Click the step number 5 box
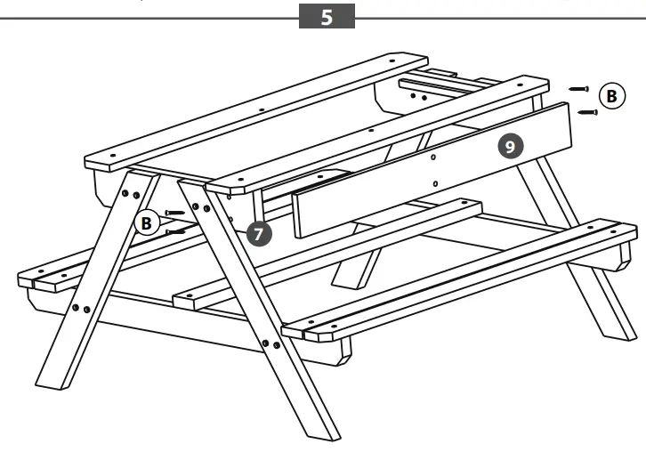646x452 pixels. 327,18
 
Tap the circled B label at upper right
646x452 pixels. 610,96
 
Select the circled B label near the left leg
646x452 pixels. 149,222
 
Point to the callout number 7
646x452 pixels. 258,233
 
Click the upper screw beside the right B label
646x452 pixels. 579,89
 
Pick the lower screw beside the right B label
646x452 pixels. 587,112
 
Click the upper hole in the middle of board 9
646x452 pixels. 432,157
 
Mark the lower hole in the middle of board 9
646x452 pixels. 433,184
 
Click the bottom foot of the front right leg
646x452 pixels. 326,431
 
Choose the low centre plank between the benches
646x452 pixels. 329,254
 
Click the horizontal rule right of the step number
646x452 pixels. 498,18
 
